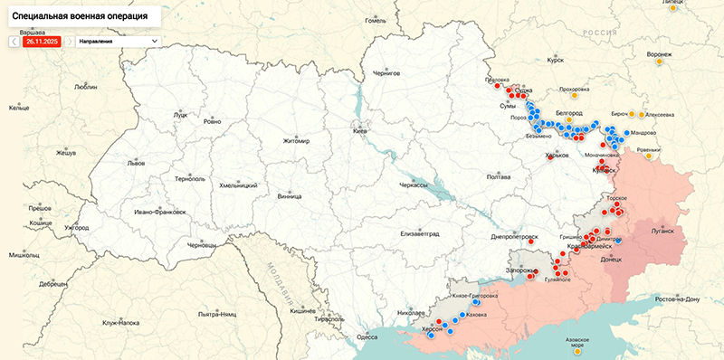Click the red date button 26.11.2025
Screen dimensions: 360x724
pyautogui.click(x=42, y=42)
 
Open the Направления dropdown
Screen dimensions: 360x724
pyautogui.click(x=118, y=42)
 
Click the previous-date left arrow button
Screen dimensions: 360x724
pyautogui.click(x=14, y=42)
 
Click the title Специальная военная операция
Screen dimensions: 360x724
pyautogui.click(x=81, y=16)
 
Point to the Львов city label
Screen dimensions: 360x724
pyautogui.click(x=136, y=164)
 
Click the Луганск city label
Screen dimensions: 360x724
pyautogui.click(x=662, y=231)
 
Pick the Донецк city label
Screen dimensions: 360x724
pyautogui.click(x=611, y=259)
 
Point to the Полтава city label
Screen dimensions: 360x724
pyautogui.click(x=499, y=177)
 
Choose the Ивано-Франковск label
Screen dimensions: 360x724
pyautogui.click(x=159, y=212)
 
